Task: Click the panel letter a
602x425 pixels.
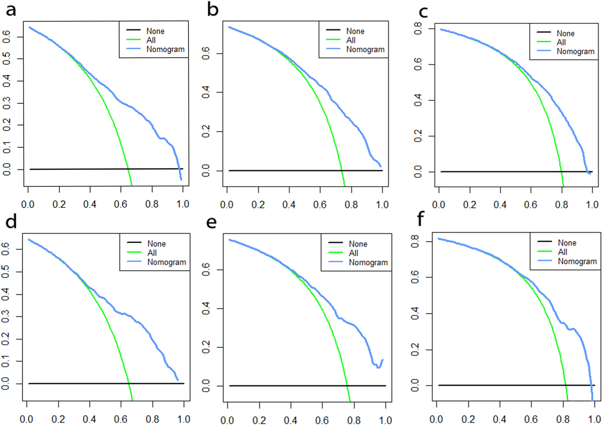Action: coord(11,10)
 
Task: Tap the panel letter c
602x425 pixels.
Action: coord(423,12)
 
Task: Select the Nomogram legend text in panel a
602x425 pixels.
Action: coord(165,50)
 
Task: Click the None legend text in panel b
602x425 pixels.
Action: coord(355,31)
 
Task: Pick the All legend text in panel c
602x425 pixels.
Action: coord(561,42)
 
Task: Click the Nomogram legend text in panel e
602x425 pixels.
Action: coord(368,263)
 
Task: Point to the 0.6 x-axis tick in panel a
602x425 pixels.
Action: coord(120,204)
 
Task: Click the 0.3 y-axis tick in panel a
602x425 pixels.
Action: coord(6,103)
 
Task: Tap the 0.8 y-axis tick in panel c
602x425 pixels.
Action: coord(418,28)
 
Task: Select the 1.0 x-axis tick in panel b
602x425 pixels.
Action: coord(382,205)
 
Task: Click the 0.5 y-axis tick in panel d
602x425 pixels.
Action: coord(5,272)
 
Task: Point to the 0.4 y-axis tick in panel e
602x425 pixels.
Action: coord(206,309)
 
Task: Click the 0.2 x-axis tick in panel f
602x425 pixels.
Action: coord(468,420)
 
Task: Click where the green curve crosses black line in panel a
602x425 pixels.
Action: coord(128,169)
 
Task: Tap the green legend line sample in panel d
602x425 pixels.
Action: coord(134,252)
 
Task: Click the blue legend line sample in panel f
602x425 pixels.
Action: coord(545,261)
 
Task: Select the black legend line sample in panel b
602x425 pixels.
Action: coord(333,30)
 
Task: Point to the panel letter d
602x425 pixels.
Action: coord(11,222)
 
